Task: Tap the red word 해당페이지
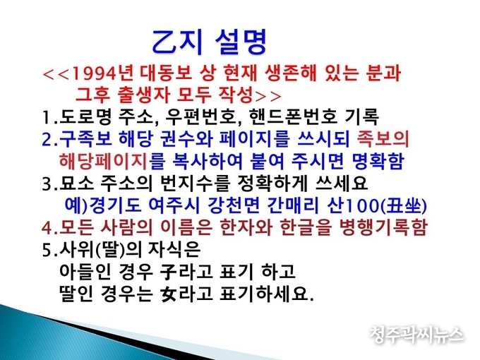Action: [x=103, y=161]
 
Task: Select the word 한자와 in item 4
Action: [x=246, y=227]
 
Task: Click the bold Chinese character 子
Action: [x=169, y=272]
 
